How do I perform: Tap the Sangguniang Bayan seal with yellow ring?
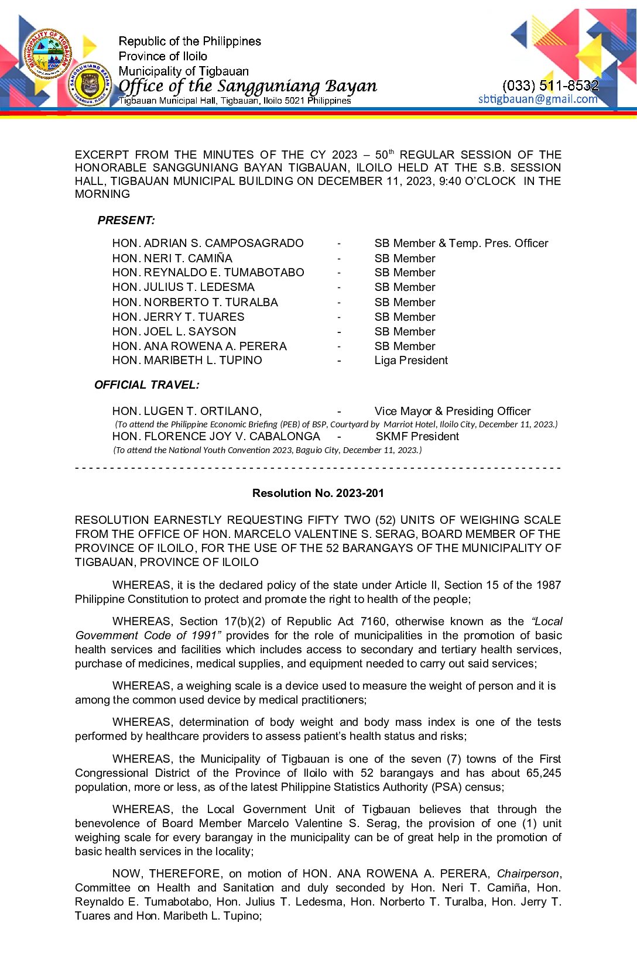pos(90,84)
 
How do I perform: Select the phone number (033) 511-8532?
pos(550,85)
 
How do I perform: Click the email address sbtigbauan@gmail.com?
pos(537,99)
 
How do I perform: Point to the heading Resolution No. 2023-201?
pos(318,493)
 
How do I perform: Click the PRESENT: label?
pos(126,221)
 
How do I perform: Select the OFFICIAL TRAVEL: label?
pos(147,385)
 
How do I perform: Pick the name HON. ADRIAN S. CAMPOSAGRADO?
pos(208,243)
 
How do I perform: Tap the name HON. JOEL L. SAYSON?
pos(174,331)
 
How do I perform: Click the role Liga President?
pos(411,360)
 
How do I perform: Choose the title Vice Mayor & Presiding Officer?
pos(452,411)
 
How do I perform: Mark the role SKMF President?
pos(417,436)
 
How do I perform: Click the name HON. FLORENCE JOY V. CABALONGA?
pos(216,436)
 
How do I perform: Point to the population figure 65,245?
pos(543,773)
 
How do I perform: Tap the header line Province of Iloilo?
pos(163,56)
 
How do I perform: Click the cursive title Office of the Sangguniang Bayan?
pos(248,86)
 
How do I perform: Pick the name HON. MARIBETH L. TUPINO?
pos(187,360)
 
